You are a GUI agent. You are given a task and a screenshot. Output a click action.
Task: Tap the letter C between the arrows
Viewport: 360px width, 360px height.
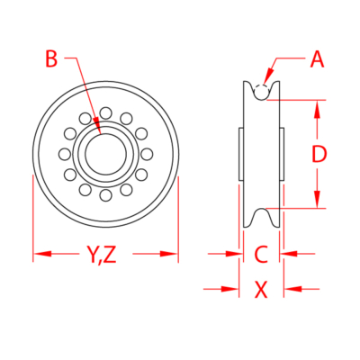[x=260, y=255]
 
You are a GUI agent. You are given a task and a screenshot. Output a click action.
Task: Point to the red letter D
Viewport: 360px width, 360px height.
[x=318, y=155]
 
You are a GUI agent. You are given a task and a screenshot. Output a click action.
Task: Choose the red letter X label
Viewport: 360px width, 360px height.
[x=261, y=289]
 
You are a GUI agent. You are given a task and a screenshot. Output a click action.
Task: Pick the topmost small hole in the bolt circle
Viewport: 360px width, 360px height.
[x=105, y=112]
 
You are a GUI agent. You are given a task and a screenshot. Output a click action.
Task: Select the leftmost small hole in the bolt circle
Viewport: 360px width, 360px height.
[x=64, y=153]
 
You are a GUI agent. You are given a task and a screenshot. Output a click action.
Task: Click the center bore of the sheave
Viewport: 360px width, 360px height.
[x=105, y=153]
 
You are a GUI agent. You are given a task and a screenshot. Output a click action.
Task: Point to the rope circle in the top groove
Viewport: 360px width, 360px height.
[x=260, y=91]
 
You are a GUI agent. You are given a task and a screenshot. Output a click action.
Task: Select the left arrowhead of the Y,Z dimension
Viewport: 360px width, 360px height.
[x=39, y=255]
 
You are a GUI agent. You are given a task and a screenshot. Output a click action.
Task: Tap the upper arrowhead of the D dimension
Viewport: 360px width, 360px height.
[x=318, y=106]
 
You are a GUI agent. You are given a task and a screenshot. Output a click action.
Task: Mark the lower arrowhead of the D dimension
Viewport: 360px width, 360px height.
[x=318, y=203]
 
